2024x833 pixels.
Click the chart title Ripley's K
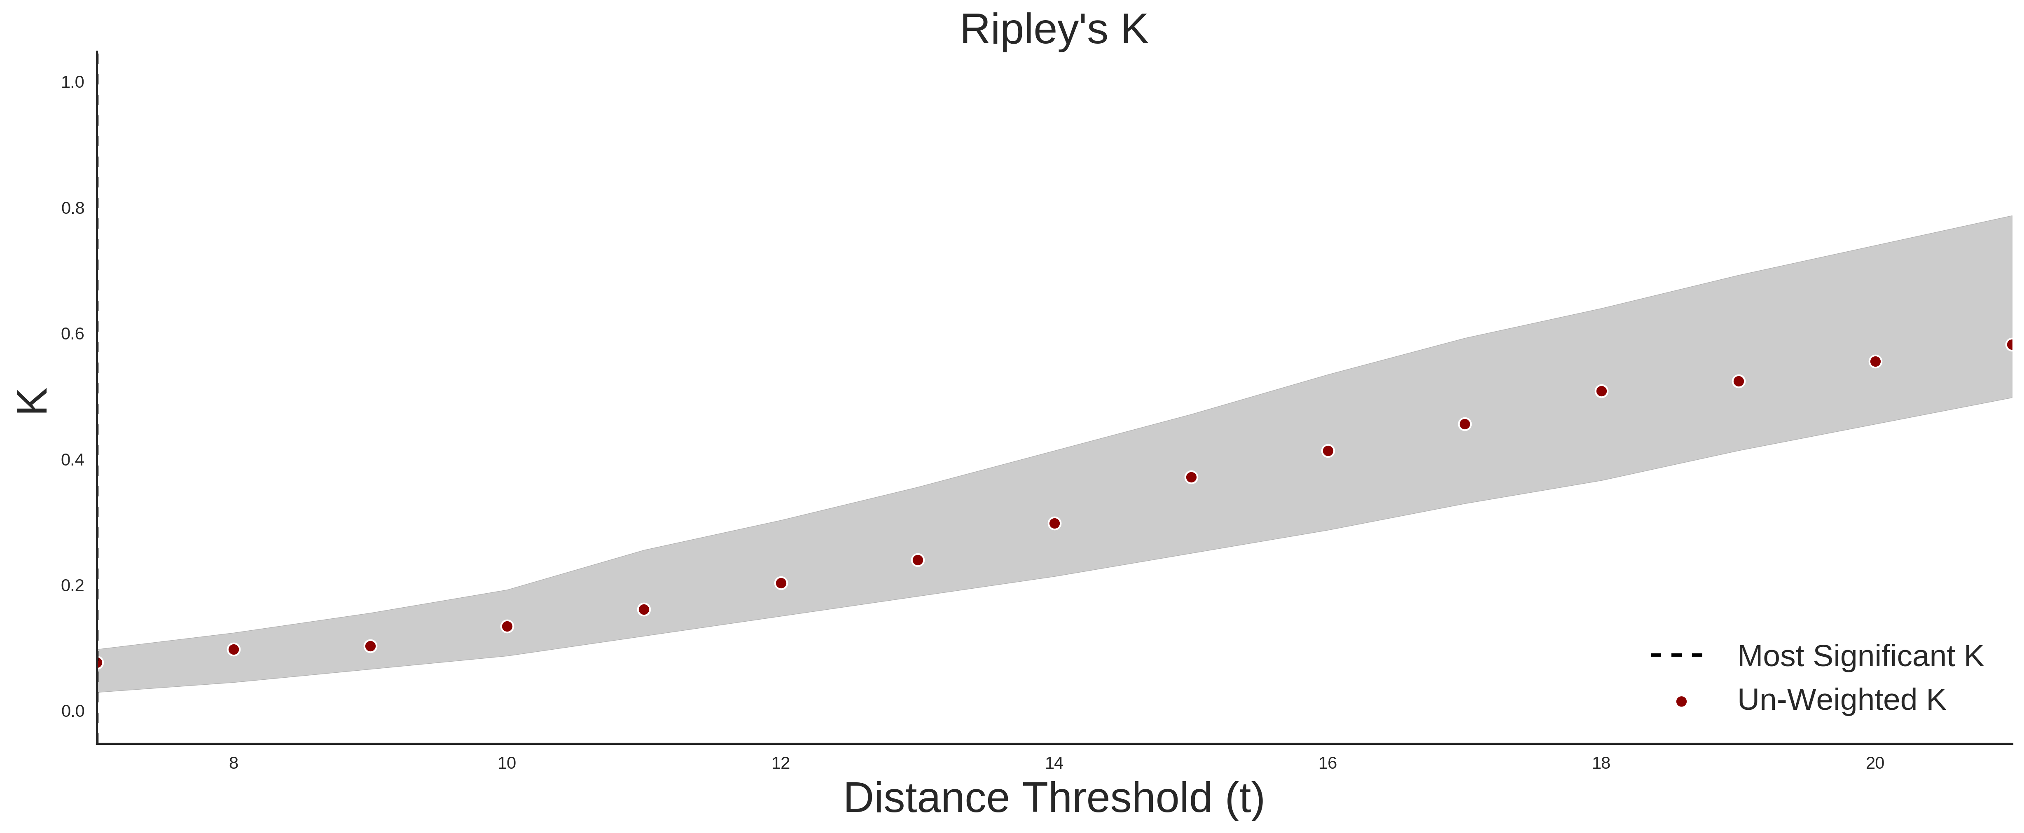[x=1054, y=30]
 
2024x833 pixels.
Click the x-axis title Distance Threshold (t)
[x=1054, y=798]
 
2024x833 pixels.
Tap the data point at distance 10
[x=507, y=626]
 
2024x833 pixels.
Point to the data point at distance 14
[x=1054, y=523]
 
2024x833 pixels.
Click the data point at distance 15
[x=1191, y=477]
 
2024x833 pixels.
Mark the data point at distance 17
[x=1465, y=424]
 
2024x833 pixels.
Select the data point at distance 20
[x=1875, y=361]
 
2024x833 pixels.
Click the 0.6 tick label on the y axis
[x=72, y=334]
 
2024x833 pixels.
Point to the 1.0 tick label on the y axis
[x=72, y=82]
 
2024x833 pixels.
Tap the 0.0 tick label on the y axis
[x=72, y=711]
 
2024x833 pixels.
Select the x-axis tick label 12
[x=780, y=763]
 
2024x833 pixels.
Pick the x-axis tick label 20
[x=1875, y=763]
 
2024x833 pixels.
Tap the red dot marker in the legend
[x=1680, y=702]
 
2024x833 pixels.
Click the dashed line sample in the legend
[x=1677, y=655]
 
